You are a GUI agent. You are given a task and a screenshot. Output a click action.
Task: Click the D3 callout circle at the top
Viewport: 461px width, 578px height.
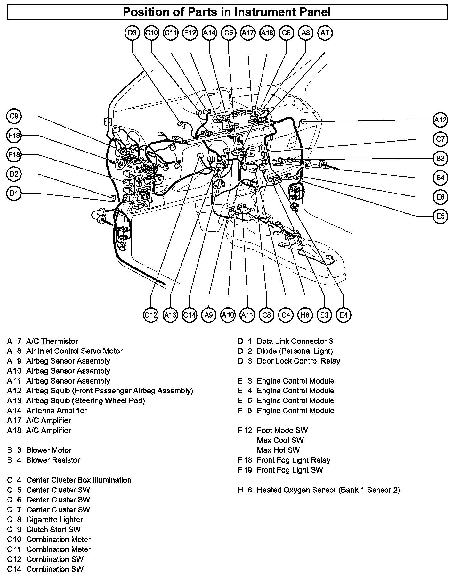coord(132,33)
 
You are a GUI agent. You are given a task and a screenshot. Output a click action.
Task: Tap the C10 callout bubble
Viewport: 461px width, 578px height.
coord(151,33)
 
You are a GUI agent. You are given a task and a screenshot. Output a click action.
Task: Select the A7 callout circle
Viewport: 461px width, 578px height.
coord(325,33)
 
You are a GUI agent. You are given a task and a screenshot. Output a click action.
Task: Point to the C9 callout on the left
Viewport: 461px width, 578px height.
coord(14,116)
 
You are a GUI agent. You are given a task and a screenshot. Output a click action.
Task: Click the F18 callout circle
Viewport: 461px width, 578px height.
coord(14,155)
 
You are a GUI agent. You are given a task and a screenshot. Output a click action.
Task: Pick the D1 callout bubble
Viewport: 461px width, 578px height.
coord(14,193)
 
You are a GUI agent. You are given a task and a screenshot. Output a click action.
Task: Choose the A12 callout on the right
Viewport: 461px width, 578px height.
coord(441,120)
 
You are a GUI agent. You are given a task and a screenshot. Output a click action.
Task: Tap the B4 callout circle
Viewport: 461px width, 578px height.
coord(441,178)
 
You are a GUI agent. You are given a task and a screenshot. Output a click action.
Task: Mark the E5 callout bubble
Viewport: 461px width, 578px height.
coord(441,216)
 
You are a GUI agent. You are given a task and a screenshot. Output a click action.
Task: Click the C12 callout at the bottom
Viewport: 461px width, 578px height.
coord(151,315)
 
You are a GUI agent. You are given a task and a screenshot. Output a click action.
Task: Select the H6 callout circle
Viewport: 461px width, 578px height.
coord(305,315)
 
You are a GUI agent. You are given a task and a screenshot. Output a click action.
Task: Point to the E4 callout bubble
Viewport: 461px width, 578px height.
coord(344,315)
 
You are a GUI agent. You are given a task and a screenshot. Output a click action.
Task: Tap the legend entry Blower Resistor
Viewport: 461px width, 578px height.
coord(53,460)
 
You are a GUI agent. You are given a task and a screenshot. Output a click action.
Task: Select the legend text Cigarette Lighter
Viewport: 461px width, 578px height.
coord(54,519)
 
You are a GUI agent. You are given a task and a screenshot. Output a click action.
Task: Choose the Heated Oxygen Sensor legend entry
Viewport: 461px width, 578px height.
coord(328,490)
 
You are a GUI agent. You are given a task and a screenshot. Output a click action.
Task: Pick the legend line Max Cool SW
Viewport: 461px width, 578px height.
coord(280,440)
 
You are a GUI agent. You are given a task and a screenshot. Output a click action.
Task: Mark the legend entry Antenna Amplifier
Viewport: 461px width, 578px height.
coord(56,410)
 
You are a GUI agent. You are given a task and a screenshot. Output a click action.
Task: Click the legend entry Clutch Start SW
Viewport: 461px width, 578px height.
coord(53,529)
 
